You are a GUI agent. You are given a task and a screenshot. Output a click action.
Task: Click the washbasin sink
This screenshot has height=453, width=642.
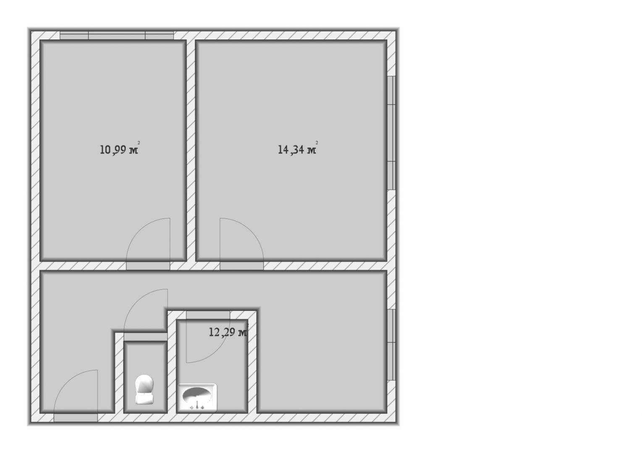tap(197, 398)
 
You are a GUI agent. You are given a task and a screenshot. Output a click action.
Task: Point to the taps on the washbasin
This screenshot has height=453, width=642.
tap(197, 406)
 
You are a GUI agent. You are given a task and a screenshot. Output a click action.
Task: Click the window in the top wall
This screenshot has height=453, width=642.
tap(117, 35)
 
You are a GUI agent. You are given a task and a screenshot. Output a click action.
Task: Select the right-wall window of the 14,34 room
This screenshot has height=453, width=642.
tap(391, 133)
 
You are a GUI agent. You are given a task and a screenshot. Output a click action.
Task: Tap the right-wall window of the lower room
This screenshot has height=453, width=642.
tap(391, 345)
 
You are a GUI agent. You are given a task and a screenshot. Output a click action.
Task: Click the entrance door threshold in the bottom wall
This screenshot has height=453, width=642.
tap(76, 418)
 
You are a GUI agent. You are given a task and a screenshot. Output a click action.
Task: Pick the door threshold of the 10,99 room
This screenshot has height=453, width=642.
tap(148, 266)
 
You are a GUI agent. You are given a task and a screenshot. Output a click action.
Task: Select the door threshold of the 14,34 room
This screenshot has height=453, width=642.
tap(241, 266)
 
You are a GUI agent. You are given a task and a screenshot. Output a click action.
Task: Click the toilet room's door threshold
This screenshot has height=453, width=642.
tap(146, 337)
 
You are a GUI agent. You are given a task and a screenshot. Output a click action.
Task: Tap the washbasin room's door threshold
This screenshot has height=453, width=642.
tap(208, 315)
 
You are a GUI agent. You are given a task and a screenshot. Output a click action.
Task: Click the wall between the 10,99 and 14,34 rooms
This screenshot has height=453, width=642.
tap(191, 150)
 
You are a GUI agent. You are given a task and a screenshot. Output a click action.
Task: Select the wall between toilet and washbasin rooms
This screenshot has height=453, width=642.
tap(172, 362)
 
